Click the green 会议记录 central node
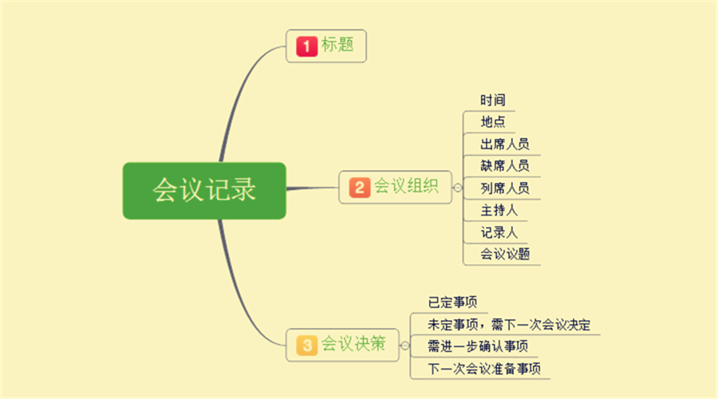(204, 191)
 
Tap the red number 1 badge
(307, 46)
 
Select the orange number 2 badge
(360, 188)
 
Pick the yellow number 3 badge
(307, 345)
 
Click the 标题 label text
(337, 45)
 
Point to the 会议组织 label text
(406, 186)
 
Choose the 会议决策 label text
(353, 344)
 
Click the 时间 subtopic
(493, 100)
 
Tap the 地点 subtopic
(493, 122)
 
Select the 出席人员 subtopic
(505, 144)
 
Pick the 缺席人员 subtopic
(505, 166)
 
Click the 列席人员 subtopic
(505, 188)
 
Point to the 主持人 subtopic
(499, 211)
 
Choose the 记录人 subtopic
(499, 233)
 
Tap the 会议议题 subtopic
(505, 255)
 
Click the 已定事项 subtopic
(452, 302)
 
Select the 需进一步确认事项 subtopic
(478, 346)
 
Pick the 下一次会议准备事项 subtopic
(484, 369)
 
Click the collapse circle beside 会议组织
(457, 188)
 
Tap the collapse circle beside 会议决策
(404, 346)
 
